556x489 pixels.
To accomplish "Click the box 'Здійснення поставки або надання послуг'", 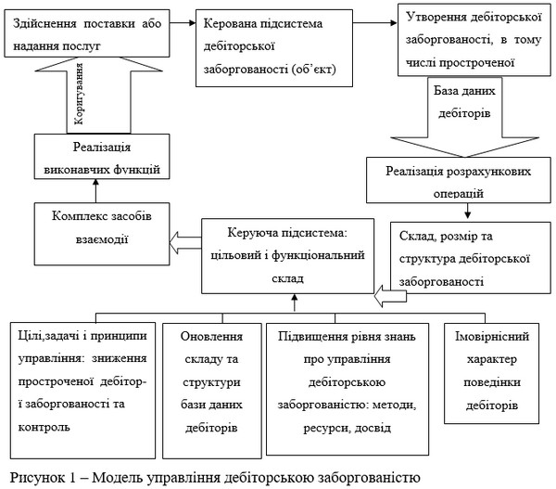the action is pos(87,33).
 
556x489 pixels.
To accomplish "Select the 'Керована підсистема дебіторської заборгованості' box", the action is pos(274,48).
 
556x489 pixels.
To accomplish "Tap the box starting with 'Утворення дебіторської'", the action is pos(474,40).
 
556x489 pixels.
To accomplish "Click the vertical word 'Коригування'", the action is pos(79,94).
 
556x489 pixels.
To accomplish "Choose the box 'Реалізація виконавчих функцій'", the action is pos(102,156).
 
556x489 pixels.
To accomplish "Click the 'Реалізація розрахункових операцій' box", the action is pos(459,180).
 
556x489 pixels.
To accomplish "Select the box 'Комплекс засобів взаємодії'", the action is pos(102,234).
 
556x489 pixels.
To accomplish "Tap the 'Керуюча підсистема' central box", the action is pos(287,256).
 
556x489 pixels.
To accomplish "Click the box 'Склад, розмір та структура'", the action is pos(471,258).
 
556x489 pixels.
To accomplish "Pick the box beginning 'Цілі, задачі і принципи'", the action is pos(82,391).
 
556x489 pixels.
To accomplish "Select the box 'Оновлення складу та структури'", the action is pos(212,391).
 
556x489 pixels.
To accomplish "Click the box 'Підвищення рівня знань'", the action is pos(347,389).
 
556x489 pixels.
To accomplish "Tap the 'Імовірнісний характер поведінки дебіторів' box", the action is pos(492,373).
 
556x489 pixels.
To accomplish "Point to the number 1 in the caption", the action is pos(72,477).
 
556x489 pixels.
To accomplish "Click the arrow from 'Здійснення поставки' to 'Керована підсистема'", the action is pos(183,23).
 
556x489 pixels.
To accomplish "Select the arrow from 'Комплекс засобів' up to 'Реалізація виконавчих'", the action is pos(95,191).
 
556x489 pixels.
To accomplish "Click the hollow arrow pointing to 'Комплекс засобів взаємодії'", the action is pos(185,242).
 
